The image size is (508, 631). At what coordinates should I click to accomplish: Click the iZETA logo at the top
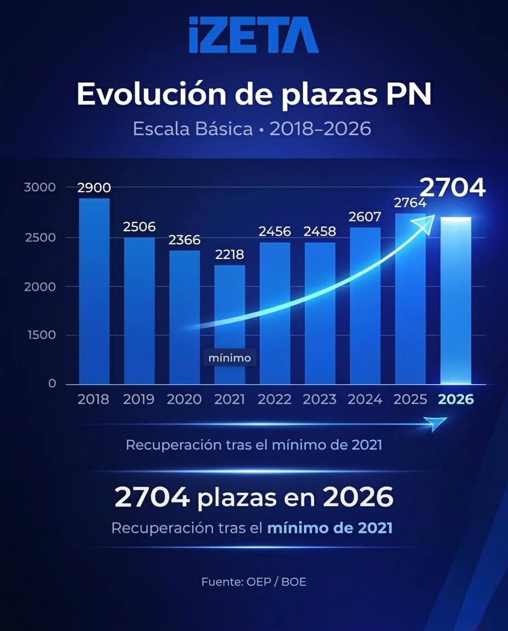pos(253,35)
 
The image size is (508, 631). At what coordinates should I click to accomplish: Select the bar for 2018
pos(94,290)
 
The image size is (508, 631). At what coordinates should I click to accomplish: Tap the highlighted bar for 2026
pos(455,301)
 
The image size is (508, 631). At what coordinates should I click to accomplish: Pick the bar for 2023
pos(320,312)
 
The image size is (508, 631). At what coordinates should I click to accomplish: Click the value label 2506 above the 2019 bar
pos(139,227)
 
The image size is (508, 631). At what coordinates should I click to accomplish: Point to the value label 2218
pos(229,255)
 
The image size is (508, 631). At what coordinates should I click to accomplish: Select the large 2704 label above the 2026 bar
pos(453,187)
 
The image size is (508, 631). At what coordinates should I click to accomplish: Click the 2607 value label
pos(365,217)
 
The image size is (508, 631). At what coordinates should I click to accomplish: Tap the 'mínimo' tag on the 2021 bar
pos(230,358)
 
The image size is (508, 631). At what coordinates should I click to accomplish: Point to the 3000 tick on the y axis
pos(40,187)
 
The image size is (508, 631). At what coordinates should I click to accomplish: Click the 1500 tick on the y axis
pos(40,335)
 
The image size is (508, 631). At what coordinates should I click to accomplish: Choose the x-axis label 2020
pos(184,399)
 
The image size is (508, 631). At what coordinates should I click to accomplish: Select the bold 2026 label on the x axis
pos(456,399)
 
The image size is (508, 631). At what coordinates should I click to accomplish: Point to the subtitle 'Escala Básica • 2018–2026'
pos(252,129)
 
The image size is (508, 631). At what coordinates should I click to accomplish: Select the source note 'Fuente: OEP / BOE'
pos(253,582)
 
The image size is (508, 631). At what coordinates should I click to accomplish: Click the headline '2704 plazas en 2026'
pos(254,497)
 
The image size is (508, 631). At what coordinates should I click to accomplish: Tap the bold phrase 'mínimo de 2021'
pos(330,529)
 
